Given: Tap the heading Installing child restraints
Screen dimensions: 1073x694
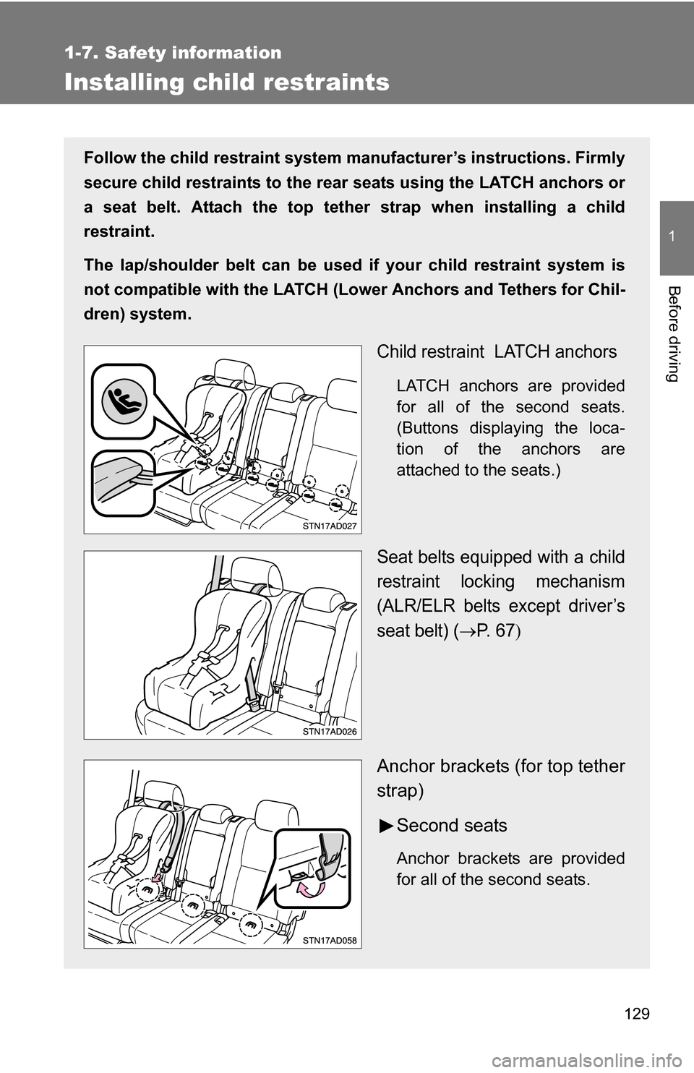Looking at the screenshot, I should pos(226,82).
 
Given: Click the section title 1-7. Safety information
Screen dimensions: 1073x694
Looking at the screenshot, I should pos(173,53).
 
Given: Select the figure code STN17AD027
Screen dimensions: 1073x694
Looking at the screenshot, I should pos(330,526).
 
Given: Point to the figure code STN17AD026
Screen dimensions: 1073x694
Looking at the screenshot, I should pos(330,732).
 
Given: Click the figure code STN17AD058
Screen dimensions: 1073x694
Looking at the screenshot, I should pos(330,940).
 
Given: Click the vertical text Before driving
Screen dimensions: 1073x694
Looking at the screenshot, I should pos(675,333).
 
